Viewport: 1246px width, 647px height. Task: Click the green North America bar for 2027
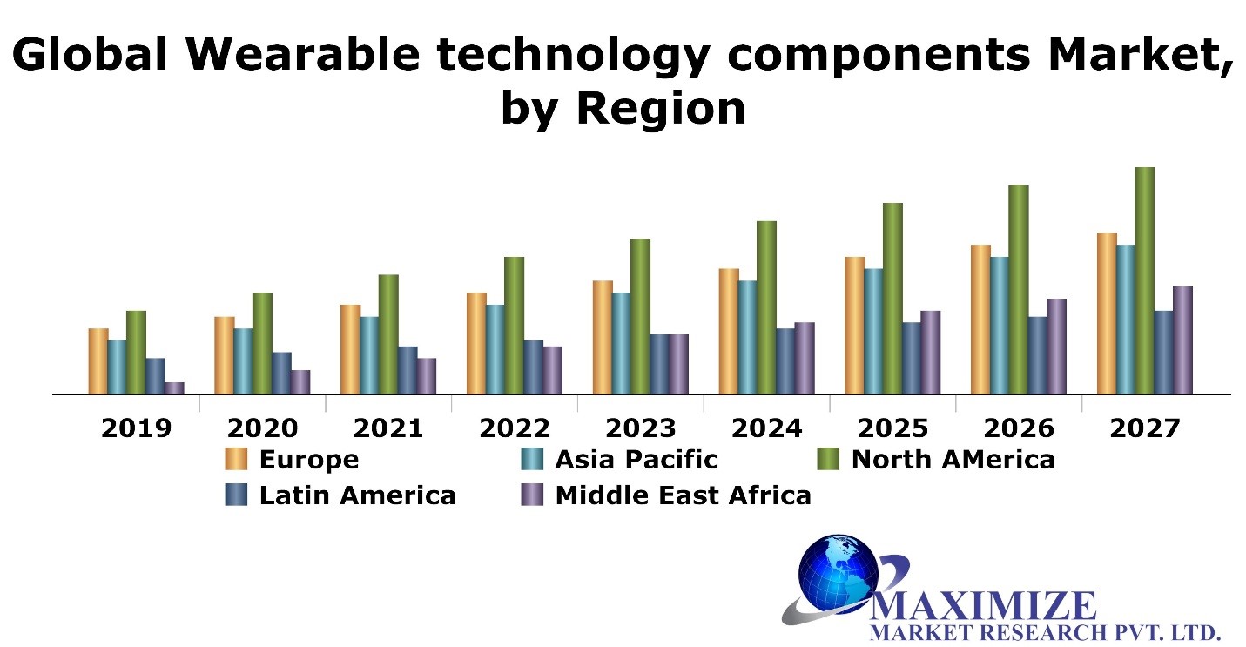[1145, 280]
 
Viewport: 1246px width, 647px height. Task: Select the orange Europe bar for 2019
[98, 361]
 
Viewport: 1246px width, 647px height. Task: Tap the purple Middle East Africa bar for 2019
[174, 388]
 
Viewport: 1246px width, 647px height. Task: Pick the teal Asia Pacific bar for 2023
[622, 343]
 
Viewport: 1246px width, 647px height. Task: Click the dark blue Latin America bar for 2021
[407, 370]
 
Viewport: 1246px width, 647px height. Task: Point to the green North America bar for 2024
[766, 307]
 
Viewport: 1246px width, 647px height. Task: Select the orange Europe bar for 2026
[980, 320]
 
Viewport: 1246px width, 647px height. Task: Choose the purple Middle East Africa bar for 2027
[1182, 340]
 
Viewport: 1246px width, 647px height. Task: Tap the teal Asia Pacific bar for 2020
[243, 361]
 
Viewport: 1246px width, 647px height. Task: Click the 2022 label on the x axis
[515, 428]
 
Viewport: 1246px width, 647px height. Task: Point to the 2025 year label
[892, 428]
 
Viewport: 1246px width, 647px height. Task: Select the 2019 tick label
[137, 428]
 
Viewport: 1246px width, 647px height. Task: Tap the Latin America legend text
[357, 495]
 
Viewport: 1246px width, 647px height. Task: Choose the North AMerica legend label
[953, 460]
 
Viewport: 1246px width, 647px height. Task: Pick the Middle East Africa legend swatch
[532, 495]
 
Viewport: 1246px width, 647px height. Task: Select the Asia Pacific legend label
[636, 460]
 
